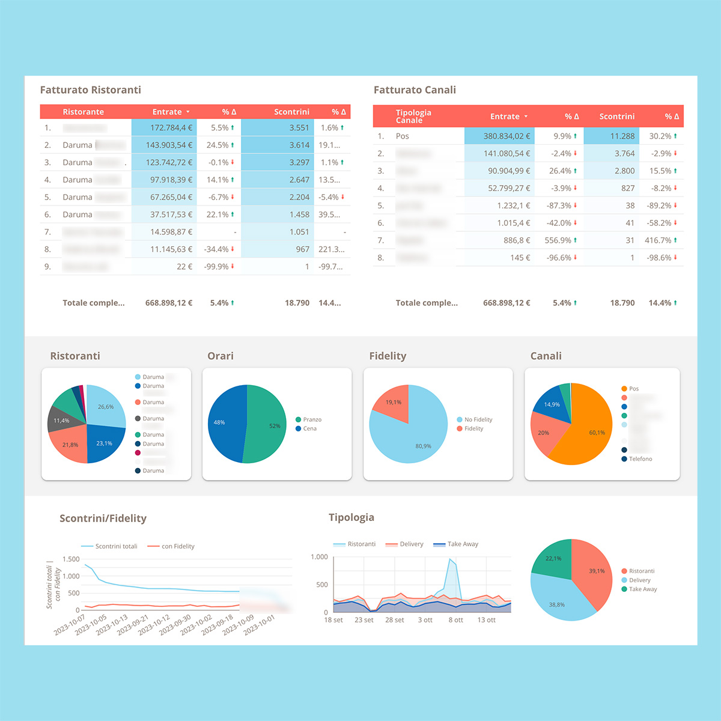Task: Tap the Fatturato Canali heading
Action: tap(415, 90)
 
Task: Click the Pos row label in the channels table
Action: tap(402, 136)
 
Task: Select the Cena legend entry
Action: tap(309, 428)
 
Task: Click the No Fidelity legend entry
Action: tap(478, 419)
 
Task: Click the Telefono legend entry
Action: tap(640, 459)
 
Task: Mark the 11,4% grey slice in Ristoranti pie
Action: tap(60, 420)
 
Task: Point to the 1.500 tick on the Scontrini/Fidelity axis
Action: tap(71, 559)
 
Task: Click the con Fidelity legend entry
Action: tap(178, 546)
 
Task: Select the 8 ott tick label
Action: tap(455, 620)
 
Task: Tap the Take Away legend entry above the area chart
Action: tap(463, 544)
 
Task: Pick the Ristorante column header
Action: tap(83, 112)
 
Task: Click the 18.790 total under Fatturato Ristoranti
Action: tap(297, 303)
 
